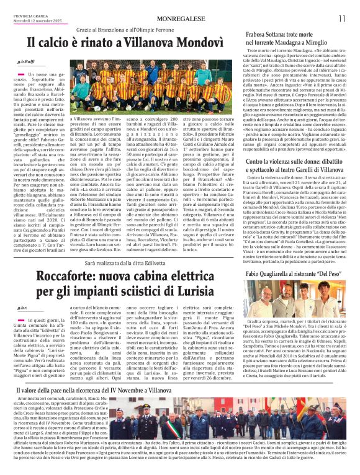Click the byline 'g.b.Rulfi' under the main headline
click(x=26, y=63)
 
